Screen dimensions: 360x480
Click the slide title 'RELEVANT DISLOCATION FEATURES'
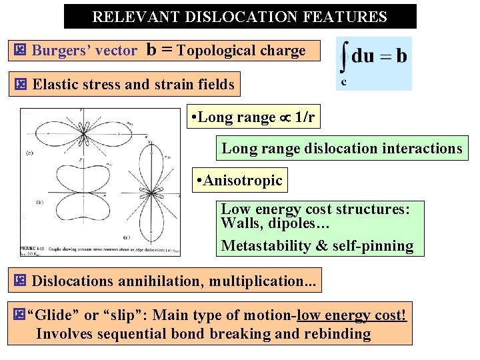tap(239, 17)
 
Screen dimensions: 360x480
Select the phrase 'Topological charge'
tap(241, 51)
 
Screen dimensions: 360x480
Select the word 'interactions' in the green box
tap(422, 149)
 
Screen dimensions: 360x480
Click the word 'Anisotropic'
tap(243, 180)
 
